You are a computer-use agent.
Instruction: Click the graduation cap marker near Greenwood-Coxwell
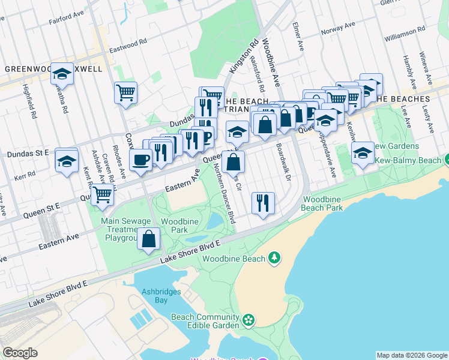pyautogui.click(x=62, y=74)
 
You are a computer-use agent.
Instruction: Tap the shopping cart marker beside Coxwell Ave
pyautogui.click(x=126, y=93)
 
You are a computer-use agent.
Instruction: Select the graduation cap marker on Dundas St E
pyautogui.click(x=67, y=161)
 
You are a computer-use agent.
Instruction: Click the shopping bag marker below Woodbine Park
pyautogui.click(x=148, y=239)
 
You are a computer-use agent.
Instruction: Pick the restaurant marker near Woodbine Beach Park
pyautogui.click(x=263, y=204)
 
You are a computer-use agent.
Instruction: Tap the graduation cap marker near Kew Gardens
pyautogui.click(x=363, y=154)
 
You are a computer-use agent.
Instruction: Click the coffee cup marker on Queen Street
pyautogui.click(x=141, y=160)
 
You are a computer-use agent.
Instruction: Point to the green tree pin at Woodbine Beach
pyautogui.click(x=274, y=257)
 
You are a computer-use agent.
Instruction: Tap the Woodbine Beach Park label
pyautogui.click(x=323, y=203)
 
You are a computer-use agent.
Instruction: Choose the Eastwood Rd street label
pyautogui.click(x=128, y=43)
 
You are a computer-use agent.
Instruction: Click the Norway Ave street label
pyautogui.click(x=337, y=28)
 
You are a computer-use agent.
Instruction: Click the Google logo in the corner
pyautogui.click(x=20, y=353)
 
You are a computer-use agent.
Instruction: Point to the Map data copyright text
pyautogui.click(x=412, y=355)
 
